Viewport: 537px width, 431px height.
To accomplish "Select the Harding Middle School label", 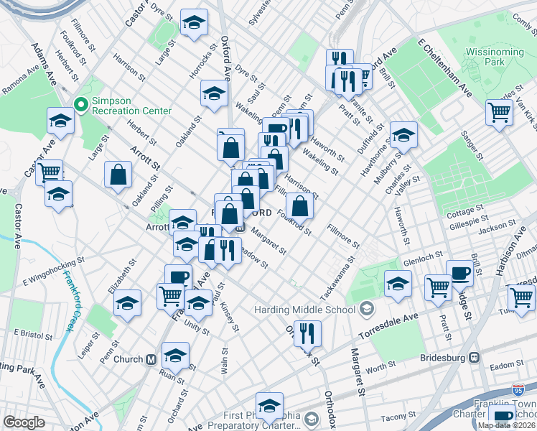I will tap(304, 310).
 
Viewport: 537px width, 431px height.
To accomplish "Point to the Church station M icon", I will tap(151, 359).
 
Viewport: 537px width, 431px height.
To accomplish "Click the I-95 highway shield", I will tap(518, 390).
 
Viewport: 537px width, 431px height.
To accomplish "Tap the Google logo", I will tap(24, 422).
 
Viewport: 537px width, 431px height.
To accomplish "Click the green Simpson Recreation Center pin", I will tap(80, 105).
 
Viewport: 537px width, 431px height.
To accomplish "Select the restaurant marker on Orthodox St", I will tap(307, 333).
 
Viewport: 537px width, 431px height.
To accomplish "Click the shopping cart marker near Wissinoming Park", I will tap(499, 111).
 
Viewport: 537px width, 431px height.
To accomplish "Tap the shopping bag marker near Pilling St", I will tap(118, 174).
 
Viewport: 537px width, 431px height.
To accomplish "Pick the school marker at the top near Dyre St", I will tap(194, 23).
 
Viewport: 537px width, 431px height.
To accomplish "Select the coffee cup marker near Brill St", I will tap(459, 272).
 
